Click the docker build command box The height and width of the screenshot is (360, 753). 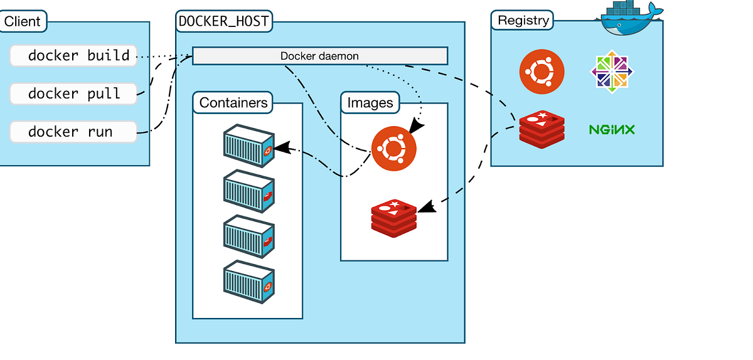coord(73,56)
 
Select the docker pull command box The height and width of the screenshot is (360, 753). coord(73,94)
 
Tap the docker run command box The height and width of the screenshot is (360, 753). coord(73,132)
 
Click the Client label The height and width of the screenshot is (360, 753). coord(23,21)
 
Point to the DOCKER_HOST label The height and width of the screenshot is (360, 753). coord(224,21)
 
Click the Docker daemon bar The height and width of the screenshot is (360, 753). coord(319,56)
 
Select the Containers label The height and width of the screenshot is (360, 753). coord(233,103)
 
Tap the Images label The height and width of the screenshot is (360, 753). coord(370,103)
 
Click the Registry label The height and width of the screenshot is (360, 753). coord(523,20)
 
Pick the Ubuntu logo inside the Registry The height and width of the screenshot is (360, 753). coord(542,70)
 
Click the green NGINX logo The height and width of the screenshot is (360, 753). coord(612,130)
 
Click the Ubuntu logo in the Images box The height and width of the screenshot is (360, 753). coord(393,148)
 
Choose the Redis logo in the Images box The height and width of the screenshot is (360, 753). coord(393,217)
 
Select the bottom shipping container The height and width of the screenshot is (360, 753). coord(249,284)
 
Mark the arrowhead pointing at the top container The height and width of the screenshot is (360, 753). coord(282,148)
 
